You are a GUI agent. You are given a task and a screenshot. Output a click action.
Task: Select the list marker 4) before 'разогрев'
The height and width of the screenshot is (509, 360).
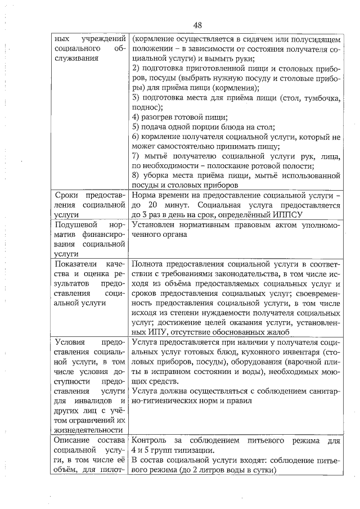tap(136, 117)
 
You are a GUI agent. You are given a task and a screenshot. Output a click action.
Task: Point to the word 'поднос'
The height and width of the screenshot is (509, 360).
tap(145, 107)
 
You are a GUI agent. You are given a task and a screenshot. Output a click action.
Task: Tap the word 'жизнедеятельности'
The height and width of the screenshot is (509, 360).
tap(89, 430)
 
